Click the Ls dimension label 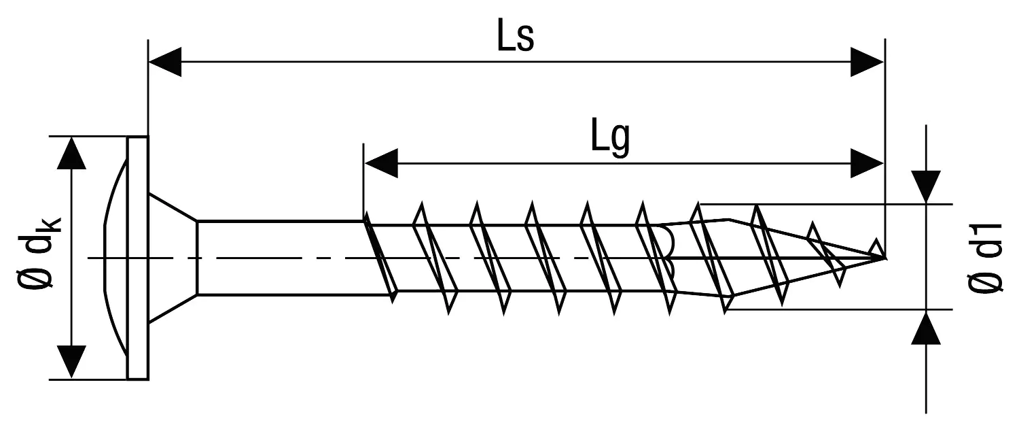[x=516, y=39]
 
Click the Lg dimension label [x=610, y=140]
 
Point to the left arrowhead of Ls [x=164, y=63]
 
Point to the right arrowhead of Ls [x=868, y=63]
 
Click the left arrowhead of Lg [x=380, y=164]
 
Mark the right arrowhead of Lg [x=868, y=164]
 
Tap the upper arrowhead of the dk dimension [x=71, y=152]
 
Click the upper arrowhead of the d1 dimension [x=927, y=186]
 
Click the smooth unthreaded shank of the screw [x=279, y=257]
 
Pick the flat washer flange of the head [x=138, y=257]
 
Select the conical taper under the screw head [x=173, y=257]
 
